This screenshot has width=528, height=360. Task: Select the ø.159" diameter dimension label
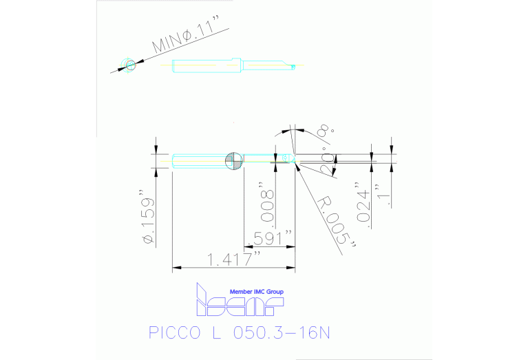tap(145, 216)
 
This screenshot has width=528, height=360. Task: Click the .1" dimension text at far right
tap(390, 194)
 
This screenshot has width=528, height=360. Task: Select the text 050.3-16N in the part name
tap(283, 333)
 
